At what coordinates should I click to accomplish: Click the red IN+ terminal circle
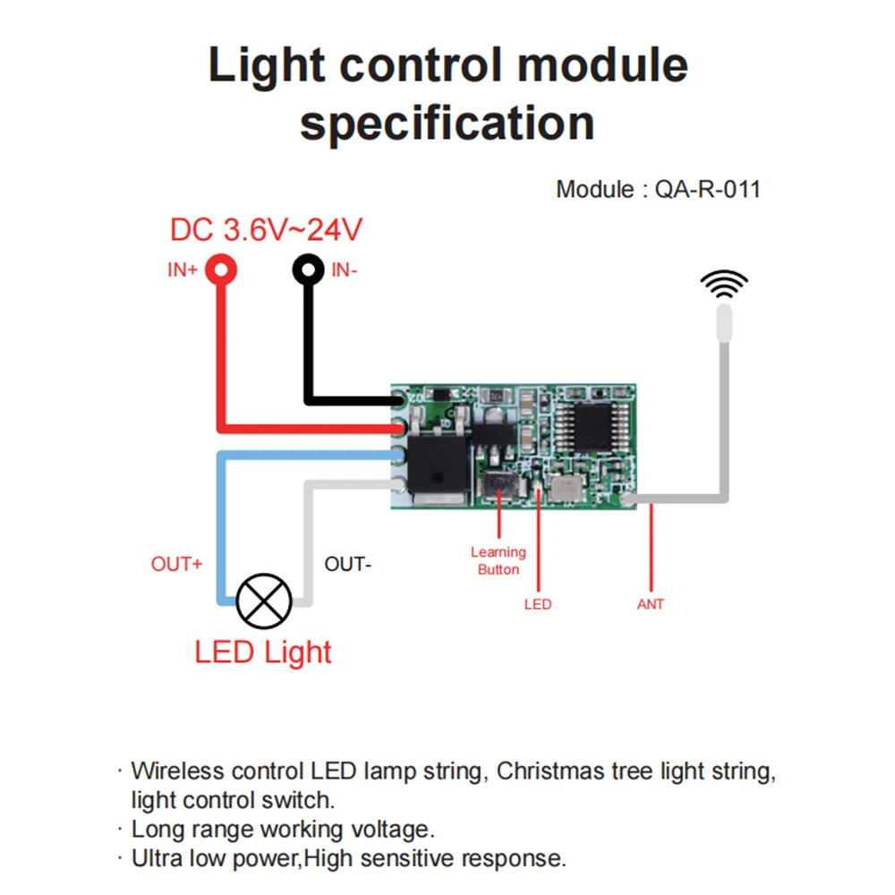point(220,268)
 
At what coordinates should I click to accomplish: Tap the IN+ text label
point(183,269)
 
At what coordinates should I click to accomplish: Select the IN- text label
point(345,269)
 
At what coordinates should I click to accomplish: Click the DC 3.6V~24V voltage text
point(266,230)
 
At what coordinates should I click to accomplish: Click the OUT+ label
point(176,565)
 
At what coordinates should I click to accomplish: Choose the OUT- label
point(347,565)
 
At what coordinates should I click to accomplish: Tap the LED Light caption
point(263,652)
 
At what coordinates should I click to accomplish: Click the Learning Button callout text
point(499,560)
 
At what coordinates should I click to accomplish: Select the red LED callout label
point(538,604)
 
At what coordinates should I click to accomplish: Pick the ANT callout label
point(651,604)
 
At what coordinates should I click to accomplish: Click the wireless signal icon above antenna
point(724,284)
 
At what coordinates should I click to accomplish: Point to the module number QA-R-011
point(707,190)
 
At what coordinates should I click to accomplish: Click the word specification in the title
point(447,123)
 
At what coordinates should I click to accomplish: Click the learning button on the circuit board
point(498,488)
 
